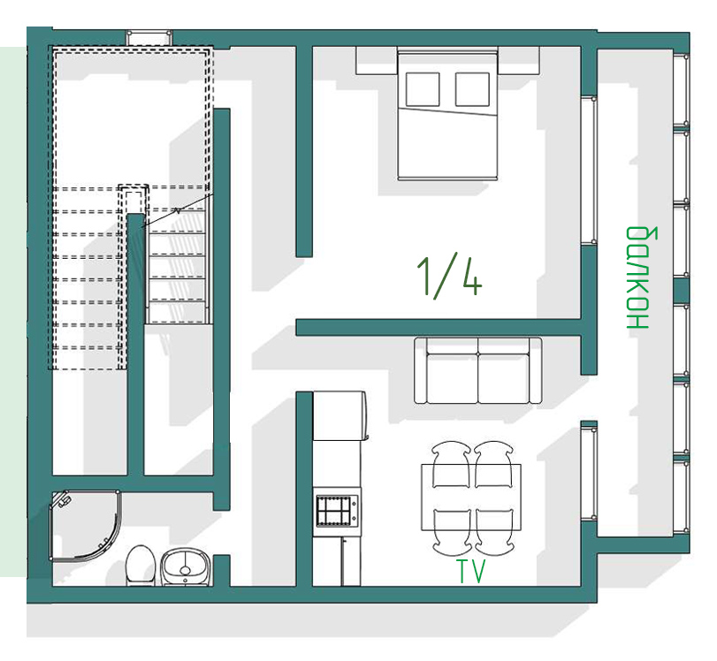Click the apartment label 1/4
coord(449,278)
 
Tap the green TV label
coord(471,571)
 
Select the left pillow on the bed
coord(423,89)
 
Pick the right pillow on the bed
coord(472,89)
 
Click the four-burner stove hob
coord(337,511)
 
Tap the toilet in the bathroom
coord(141,566)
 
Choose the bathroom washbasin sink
coord(186,566)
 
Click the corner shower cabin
coord(86,525)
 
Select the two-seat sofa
coord(477,371)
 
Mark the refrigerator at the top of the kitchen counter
coord(339,416)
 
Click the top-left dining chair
coord(451,465)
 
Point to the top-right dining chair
coord(494,465)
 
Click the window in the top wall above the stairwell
coord(149,37)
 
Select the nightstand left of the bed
coord(377,60)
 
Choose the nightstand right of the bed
coord(519,60)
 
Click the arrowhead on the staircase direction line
coord(177,210)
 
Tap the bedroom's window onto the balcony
coord(589,171)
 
